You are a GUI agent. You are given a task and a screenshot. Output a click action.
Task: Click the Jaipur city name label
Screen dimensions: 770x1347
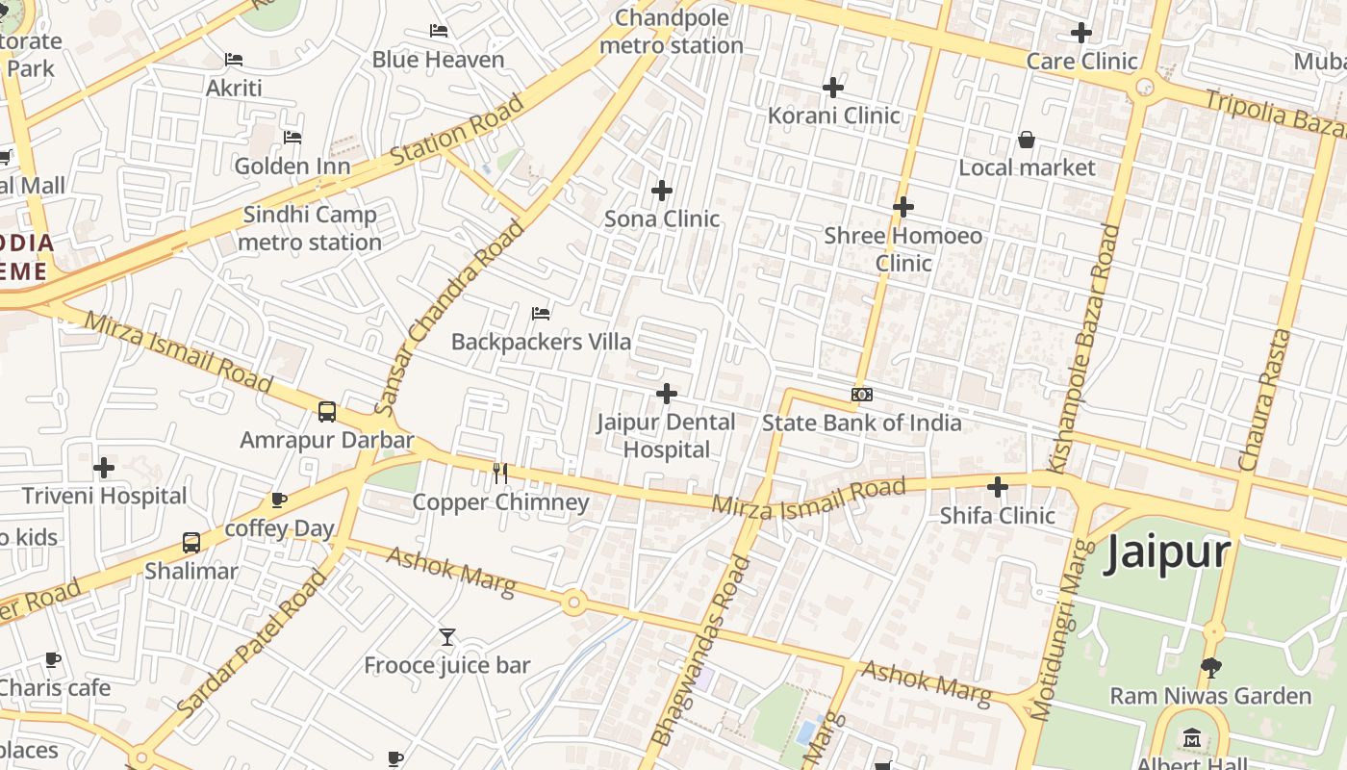pyautogui.click(x=1168, y=552)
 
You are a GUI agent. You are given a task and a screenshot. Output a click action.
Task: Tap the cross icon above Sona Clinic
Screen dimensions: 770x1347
pyautogui.click(x=662, y=191)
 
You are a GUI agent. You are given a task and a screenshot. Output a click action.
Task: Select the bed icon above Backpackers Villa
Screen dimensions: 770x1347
pyautogui.click(x=541, y=314)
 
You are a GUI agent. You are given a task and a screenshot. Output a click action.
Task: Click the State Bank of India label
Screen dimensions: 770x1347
pyautogui.click(x=861, y=423)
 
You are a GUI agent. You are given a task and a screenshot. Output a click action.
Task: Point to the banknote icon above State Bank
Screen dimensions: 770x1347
pyautogui.click(x=862, y=395)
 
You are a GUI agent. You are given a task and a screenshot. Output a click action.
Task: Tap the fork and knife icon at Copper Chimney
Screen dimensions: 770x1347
pyautogui.click(x=500, y=473)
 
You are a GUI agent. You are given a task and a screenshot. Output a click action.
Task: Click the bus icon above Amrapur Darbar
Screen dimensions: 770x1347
pyautogui.click(x=327, y=412)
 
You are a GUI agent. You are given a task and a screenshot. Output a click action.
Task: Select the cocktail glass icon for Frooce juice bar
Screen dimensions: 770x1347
pyautogui.click(x=447, y=637)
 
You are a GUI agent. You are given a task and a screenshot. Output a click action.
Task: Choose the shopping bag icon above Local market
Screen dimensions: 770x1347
pyautogui.click(x=1027, y=140)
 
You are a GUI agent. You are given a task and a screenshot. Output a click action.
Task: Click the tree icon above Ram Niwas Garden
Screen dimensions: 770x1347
pyautogui.click(x=1210, y=667)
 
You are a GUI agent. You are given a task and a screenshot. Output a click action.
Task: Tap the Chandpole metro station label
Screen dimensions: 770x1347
pyautogui.click(x=672, y=32)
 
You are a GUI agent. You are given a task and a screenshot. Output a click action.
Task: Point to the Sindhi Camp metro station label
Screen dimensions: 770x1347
pyautogui.click(x=310, y=228)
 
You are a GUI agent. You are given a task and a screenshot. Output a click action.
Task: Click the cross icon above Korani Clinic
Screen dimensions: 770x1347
pyautogui.click(x=833, y=88)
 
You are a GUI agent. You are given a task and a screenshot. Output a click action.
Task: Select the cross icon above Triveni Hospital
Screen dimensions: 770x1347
pyautogui.click(x=104, y=469)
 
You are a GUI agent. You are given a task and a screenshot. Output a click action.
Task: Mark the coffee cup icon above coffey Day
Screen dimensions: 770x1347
pyautogui.click(x=279, y=500)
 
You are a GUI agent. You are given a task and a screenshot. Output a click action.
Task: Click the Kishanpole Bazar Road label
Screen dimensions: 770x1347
pyautogui.click(x=1084, y=348)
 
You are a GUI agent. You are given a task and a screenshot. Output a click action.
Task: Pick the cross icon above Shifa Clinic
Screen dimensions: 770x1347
pyautogui.click(x=998, y=487)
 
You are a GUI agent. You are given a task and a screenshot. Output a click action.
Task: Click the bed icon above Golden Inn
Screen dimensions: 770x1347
pyautogui.click(x=292, y=138)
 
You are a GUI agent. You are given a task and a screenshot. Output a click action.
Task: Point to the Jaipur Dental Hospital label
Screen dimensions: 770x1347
pyautogui.click(x=666, y=436)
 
